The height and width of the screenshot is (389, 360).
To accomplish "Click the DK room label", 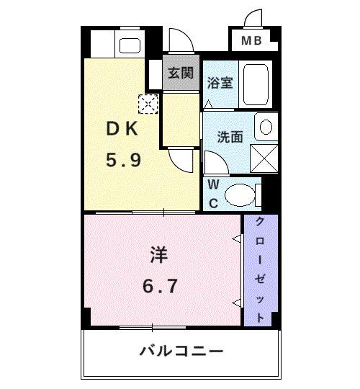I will [122, 130].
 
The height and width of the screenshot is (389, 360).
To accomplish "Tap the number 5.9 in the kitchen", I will [123, 160].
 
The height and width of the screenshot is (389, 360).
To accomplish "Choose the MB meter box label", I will [251, 41].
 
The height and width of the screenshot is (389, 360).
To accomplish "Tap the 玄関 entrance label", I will [181, 73].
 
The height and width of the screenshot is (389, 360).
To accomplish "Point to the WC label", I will [214, 193].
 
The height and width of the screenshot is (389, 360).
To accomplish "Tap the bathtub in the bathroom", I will [255, 84].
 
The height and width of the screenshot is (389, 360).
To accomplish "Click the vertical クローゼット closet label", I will [259, 269].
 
